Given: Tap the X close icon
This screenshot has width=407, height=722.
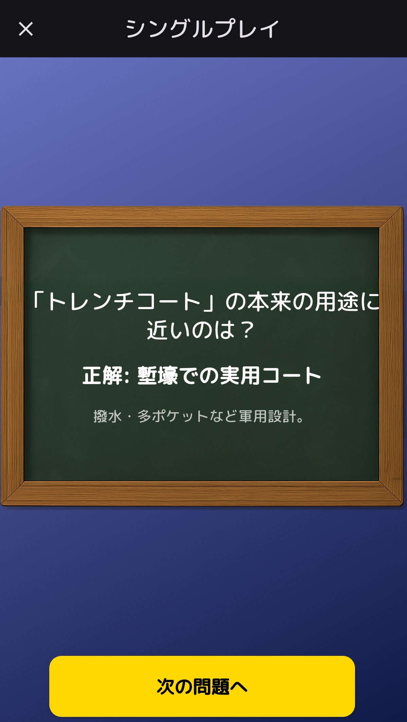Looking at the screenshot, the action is [x=26, y=29].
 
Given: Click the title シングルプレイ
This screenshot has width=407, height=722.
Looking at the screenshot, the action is [x=202, y=29].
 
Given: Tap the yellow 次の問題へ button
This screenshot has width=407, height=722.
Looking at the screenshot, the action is [x=202, y=686].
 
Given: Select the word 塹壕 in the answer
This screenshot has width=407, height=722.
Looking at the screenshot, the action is [x=158, y=376].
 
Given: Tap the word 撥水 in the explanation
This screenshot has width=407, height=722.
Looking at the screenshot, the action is [x=107, y=416].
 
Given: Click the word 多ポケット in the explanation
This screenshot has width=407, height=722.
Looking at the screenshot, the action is [x=173, y=416].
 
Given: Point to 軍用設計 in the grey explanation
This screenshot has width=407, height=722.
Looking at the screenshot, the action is [x=267, y=416].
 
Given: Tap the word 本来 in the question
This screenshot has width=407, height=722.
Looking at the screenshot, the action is [x=269, y=302].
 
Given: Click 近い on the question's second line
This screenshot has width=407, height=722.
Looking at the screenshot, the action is [x=168, y=330].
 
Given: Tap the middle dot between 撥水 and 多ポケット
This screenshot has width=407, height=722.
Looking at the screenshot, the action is [x=129, y=417].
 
